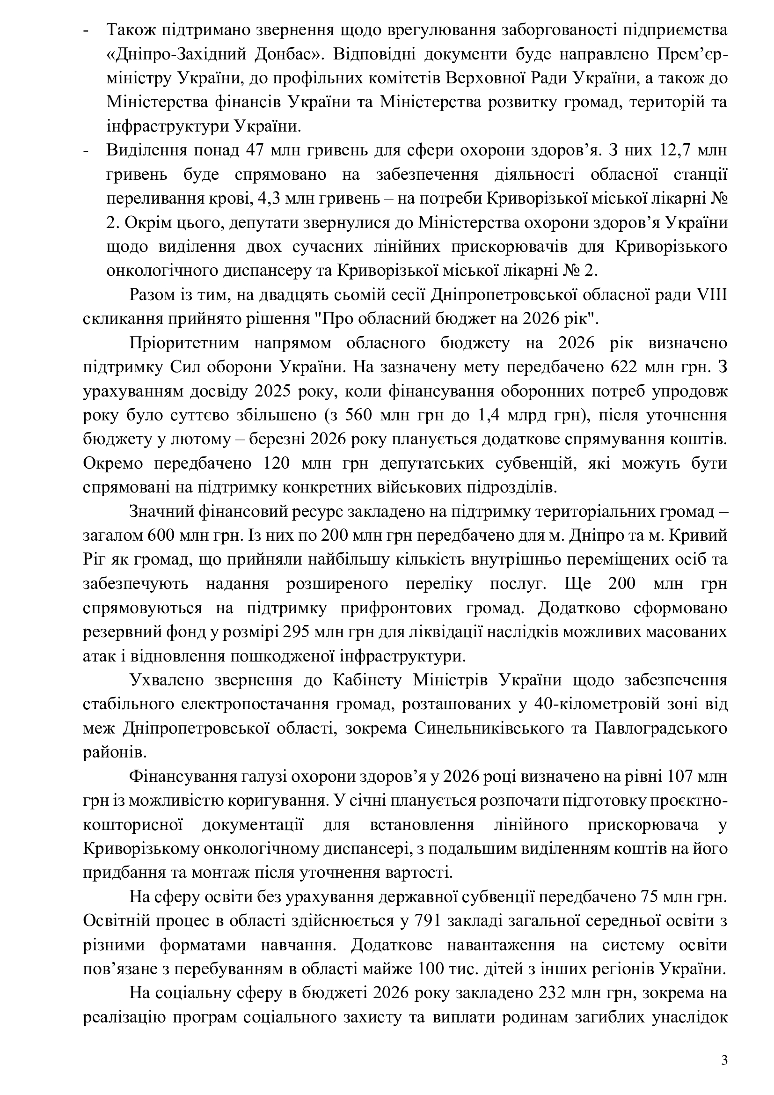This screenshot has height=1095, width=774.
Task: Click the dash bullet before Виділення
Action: (x=86, y=151)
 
